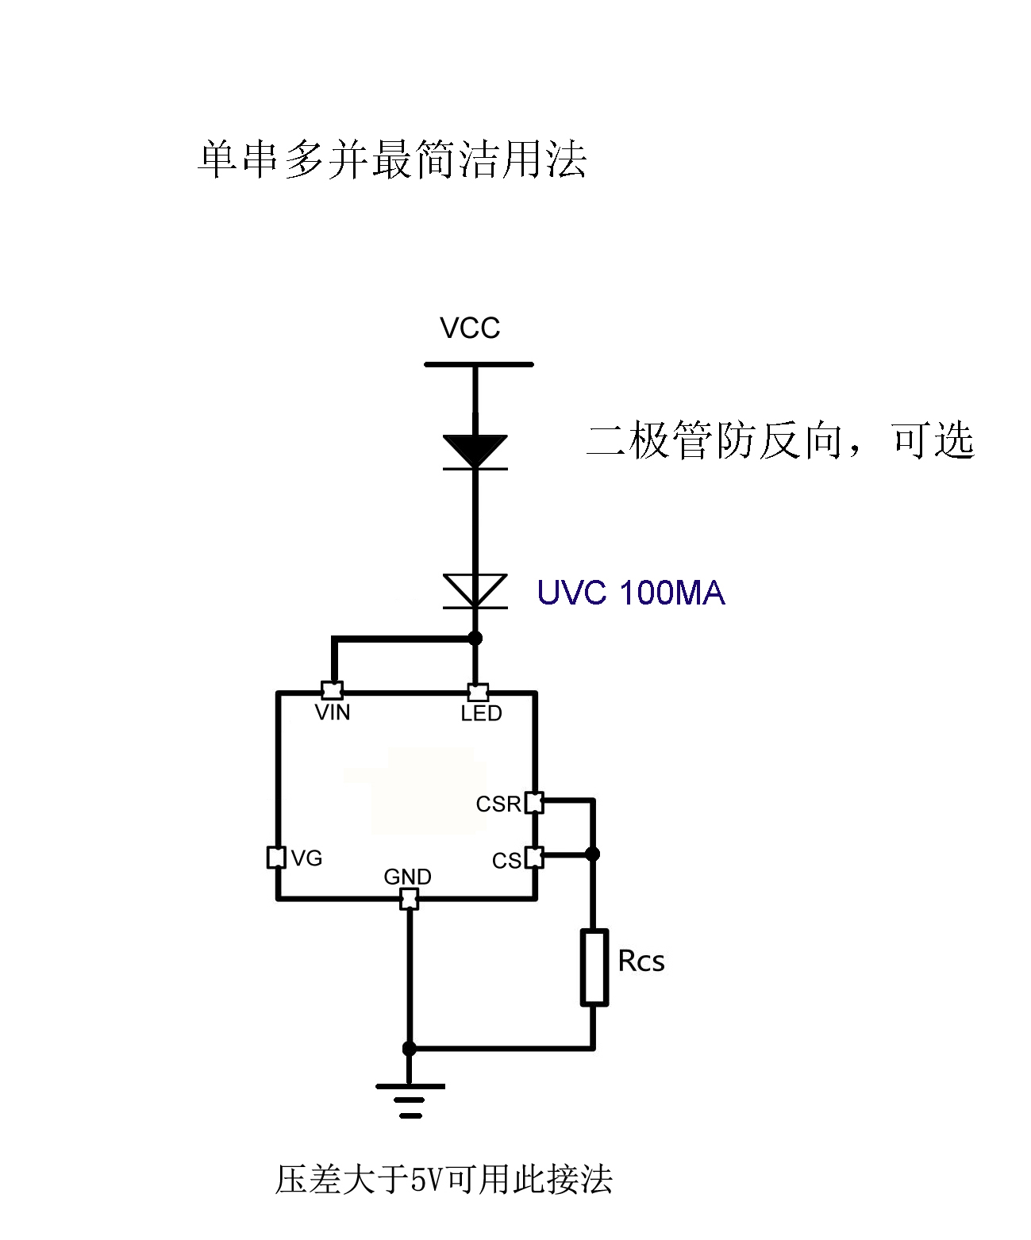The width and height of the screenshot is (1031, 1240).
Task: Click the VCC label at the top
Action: [470, 328]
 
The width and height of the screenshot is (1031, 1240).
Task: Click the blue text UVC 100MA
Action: [631, 593]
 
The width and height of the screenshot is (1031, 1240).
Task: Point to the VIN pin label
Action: [333, 712]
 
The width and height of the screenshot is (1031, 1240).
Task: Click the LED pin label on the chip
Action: [481, 714]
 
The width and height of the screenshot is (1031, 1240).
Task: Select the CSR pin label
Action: [498, 804]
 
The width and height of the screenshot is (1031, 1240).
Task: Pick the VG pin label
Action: [306, 858]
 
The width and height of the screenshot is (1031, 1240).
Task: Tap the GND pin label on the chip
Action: [407, 877]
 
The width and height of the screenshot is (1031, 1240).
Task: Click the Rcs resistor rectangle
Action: [594, 967]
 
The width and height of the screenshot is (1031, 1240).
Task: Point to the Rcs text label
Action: [641, 962]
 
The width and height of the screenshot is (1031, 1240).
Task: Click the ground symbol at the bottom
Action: [410, 1099]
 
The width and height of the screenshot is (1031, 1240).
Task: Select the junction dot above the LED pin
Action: [475, 638]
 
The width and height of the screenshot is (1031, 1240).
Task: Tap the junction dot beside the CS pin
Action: [592, 854]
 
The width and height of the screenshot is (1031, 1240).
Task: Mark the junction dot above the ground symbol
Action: [410, 1049]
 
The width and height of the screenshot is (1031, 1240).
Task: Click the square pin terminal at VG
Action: [276, 858]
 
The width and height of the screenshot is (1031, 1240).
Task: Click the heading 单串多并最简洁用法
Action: [392, 159]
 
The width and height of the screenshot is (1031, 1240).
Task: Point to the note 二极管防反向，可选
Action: [780, 440]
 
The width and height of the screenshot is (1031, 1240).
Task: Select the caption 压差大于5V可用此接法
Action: [444, 1180]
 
